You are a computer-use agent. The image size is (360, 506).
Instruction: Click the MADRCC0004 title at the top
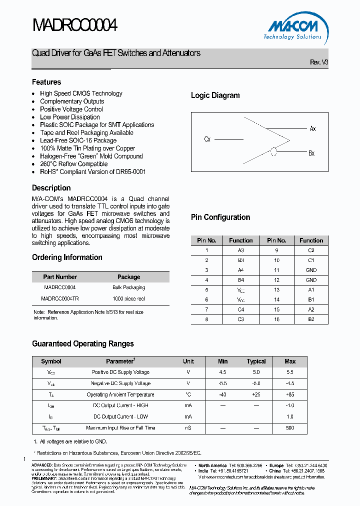pos(74,25)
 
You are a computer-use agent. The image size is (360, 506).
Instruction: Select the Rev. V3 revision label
pos(319,62)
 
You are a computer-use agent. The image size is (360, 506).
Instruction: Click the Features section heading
pos(46,82)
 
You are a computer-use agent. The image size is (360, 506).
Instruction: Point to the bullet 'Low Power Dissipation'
pos(70,117)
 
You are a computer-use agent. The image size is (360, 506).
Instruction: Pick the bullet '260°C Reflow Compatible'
pos(73,164)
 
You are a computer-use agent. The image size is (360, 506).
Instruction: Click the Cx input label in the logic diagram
pos(207,139)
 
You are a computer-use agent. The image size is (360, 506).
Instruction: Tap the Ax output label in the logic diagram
pos(312,129)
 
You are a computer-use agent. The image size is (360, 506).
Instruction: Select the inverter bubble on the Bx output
pos(273,152)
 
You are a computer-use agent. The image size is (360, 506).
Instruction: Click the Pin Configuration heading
pos(220,217)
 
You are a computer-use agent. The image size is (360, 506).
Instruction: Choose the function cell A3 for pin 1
pos(241,250)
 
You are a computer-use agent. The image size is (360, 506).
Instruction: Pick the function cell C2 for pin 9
pos(311,250)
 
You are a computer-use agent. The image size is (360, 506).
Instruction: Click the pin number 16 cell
pos(276,318)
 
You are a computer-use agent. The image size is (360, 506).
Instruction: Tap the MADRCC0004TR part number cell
pos(60,298)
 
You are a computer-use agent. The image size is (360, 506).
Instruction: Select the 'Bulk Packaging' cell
pos(128,287)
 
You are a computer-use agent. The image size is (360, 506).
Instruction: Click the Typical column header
pos(256,361)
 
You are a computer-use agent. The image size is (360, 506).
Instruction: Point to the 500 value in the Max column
pos(290,428)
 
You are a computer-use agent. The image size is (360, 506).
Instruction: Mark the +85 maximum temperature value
pos(290,394)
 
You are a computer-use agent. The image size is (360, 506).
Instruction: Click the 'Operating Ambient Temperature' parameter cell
pos(120,394)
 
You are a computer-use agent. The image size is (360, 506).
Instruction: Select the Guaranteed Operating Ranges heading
pos(83,344)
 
